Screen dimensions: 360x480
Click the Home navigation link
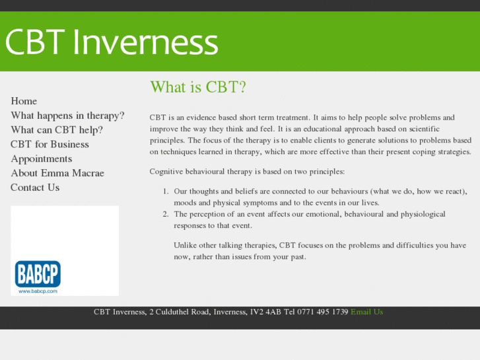[24, 101]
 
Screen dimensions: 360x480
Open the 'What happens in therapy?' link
[67, 116]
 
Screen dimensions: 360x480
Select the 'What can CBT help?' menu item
[57, 130]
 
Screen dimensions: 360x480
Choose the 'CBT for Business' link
[50, 145]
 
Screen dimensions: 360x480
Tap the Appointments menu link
[42, 159]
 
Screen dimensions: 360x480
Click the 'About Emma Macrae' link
[57, 173]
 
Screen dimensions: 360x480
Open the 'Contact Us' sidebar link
[35, 188]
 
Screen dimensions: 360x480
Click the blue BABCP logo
[38, 273]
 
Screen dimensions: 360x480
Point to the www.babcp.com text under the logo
[38, 291]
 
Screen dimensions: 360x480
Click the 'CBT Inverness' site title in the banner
[112, 42]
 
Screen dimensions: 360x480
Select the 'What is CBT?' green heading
[197, 87]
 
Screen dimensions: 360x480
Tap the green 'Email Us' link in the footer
[366, 312]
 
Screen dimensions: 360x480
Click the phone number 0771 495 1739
[322, 312]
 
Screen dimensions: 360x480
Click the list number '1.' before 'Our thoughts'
[166, 192]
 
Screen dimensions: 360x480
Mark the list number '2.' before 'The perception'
[166, 214]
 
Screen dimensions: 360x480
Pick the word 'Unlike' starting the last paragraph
[186, 245]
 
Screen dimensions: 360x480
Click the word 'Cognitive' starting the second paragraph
[167, 172]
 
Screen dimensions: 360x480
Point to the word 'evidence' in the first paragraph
[201, 118]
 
